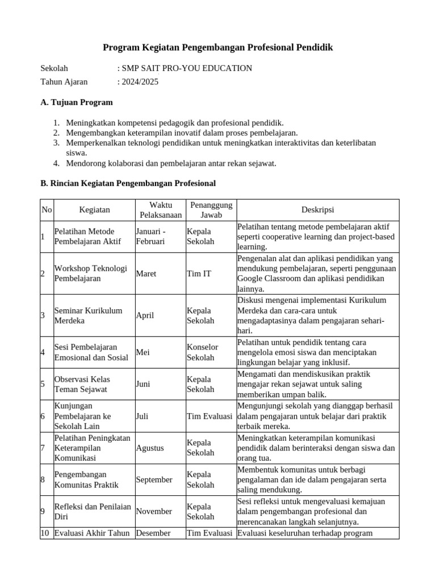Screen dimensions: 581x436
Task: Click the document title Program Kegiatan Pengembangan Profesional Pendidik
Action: click(217, 48)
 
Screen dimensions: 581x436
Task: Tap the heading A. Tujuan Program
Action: click(77, 102)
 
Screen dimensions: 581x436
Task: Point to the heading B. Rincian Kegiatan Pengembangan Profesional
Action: click(128, 183)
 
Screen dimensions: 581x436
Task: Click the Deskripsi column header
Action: click(317, 210)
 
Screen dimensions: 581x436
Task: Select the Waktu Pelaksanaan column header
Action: click(160, 210)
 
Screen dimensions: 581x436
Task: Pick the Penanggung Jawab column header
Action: click(210, 210)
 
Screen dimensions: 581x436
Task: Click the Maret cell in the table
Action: click(146, 273)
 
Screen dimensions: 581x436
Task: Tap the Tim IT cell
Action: click(199, 273)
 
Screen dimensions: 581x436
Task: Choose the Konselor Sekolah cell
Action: click(202, 352)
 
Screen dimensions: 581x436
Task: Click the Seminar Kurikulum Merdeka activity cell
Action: click(88, 315)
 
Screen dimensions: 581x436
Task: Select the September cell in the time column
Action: click(154, 479)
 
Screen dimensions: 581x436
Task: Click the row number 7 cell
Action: click(43, 448)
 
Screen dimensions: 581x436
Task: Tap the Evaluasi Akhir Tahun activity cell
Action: click(93, 533)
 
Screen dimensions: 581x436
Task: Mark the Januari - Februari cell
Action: click(151, 236)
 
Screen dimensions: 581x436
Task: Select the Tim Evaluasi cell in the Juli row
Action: click(209, 416)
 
